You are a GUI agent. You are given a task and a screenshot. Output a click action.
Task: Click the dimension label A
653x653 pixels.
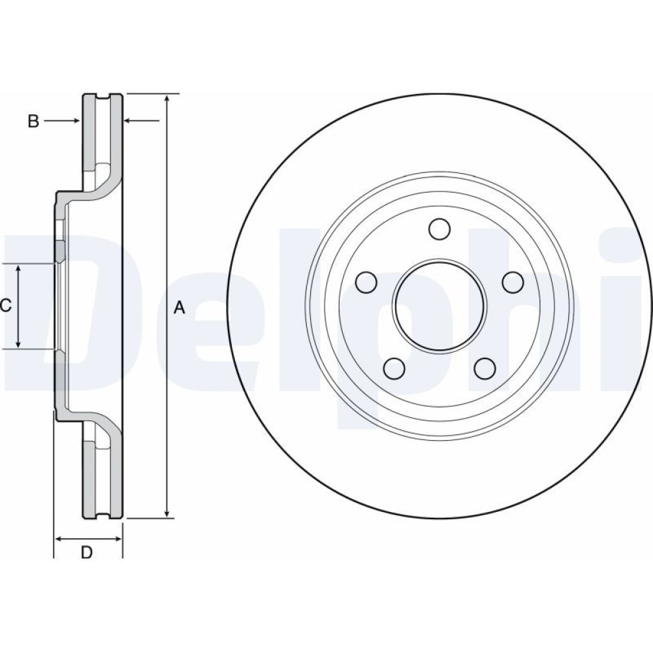[179, 308]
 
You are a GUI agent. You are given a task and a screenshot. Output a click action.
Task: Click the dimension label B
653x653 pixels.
[33, 121]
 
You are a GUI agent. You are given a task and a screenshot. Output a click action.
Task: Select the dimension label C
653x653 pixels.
[5, 306]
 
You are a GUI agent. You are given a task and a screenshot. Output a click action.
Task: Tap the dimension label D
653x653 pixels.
[86, 552]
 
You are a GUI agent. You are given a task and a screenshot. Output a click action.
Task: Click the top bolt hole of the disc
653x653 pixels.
[439, 229]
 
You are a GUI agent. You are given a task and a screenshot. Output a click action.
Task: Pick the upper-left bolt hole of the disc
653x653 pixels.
[367, 282]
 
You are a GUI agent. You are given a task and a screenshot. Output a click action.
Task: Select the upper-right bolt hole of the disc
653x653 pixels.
[513, 282]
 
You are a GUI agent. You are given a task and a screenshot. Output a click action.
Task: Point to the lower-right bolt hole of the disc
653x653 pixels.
[485, 368]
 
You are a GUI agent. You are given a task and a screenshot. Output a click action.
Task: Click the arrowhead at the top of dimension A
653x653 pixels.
[167, 99]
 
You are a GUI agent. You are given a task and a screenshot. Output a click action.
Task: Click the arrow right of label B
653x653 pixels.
[62, 121]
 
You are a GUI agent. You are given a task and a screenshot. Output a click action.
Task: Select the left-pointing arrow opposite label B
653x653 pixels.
[142, 121]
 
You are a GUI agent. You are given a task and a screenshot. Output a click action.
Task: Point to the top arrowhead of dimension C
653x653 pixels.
[18, 268]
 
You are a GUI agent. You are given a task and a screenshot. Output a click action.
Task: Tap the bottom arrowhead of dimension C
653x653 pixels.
[18, 343]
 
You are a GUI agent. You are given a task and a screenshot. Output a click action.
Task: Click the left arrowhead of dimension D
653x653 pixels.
[59, 539]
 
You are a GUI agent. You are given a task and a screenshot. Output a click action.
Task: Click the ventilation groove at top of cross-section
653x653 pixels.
[104, 99]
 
